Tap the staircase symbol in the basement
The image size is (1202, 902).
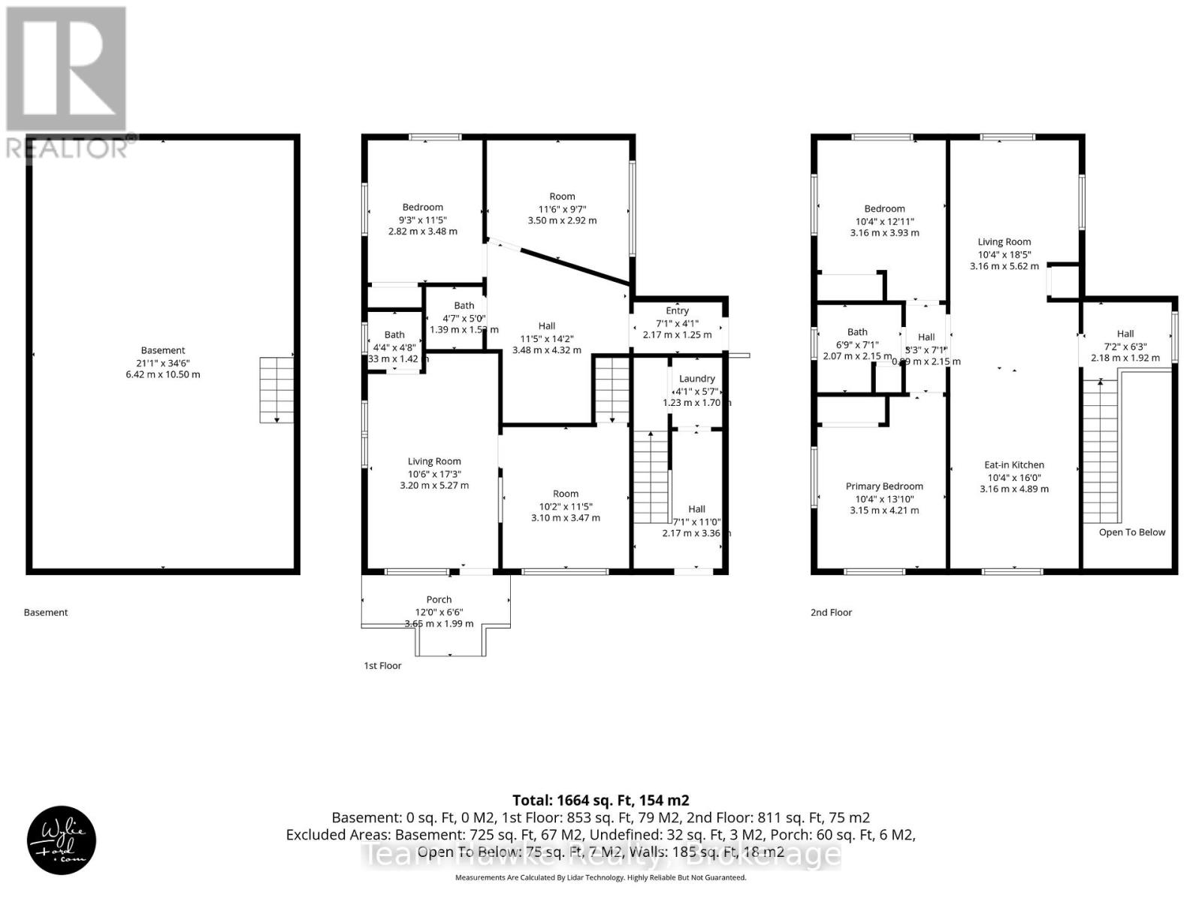point(276,390)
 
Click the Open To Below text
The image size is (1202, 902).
point(1131,532)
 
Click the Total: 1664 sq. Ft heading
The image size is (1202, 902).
point(600,801)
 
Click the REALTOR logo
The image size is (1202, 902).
point(68,83)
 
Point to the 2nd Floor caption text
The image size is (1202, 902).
point(831,613)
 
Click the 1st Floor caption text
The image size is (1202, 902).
point(382,666)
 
